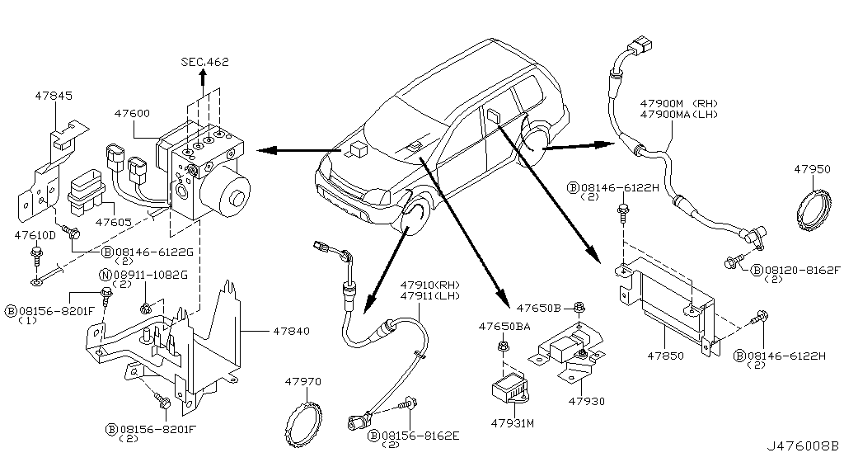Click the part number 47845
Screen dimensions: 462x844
click(x=54, y=96)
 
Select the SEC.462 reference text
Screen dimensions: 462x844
click(x=204, y=62)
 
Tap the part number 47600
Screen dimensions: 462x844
click(x=132, y=113)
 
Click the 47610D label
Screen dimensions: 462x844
click(x=36, y=235)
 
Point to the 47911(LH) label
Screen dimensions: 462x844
click(x=431, y=296)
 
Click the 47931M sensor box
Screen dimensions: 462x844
click(x=511, y=388)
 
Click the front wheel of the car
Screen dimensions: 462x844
click(x=418, y=216)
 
